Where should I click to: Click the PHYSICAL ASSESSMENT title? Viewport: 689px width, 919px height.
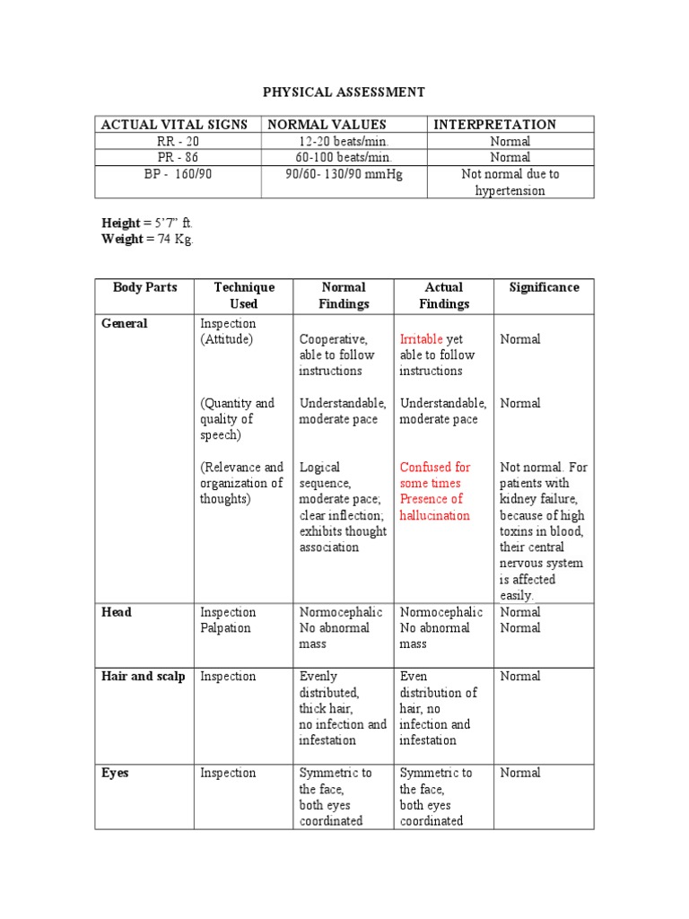[x=344, y=92]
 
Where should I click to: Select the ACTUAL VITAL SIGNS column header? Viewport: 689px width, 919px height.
[x=174, y=125]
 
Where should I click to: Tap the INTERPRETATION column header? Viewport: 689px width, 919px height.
[x=494, y=125]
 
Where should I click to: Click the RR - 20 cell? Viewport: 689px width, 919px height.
[x=178, y=142]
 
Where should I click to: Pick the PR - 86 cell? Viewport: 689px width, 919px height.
[x=178, y=157]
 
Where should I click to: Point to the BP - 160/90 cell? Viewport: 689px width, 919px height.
[x=178, y=174]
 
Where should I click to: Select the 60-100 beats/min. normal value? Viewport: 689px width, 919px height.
[x=344, y=157]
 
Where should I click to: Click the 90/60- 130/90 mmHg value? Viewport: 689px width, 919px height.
[x=344, y=174]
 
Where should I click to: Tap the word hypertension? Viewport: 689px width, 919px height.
[x=510, y=190]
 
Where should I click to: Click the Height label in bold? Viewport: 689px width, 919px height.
[x=120, y=223]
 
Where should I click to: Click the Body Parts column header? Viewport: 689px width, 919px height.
[x=145, y=287]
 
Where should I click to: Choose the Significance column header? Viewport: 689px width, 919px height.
[x=544, y=287]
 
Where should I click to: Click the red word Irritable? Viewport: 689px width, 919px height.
[x=421, y=339]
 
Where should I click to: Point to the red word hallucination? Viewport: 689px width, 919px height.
[x=434, y=515]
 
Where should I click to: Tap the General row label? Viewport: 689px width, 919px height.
[x=125, y=323]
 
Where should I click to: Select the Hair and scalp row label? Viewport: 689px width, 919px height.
[x=144, y=676]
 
